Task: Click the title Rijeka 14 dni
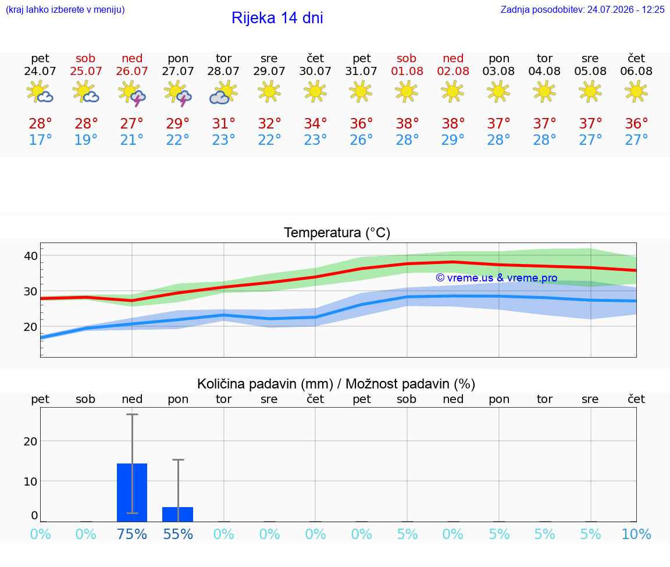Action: (277, 18)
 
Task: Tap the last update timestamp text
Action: (582, 10)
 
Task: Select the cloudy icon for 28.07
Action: (223, 92)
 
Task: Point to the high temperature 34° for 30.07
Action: (315, 123)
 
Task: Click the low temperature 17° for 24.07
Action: (40, 140)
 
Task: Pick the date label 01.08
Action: (407, 72)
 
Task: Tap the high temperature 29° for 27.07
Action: (178, 123)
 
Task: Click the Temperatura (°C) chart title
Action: (337, 233)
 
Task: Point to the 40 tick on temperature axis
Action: (31, 256)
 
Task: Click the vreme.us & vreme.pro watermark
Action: (497, 278)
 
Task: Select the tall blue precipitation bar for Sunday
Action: (132, 493)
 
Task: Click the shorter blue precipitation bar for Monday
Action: (178, 515)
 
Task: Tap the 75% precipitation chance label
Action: (132, 534)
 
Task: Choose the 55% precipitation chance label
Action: (178, 534)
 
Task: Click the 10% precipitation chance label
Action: (636, 534)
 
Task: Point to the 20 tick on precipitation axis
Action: (31, 441)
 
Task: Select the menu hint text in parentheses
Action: (65, 10)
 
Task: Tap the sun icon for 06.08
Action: (636, 92)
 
